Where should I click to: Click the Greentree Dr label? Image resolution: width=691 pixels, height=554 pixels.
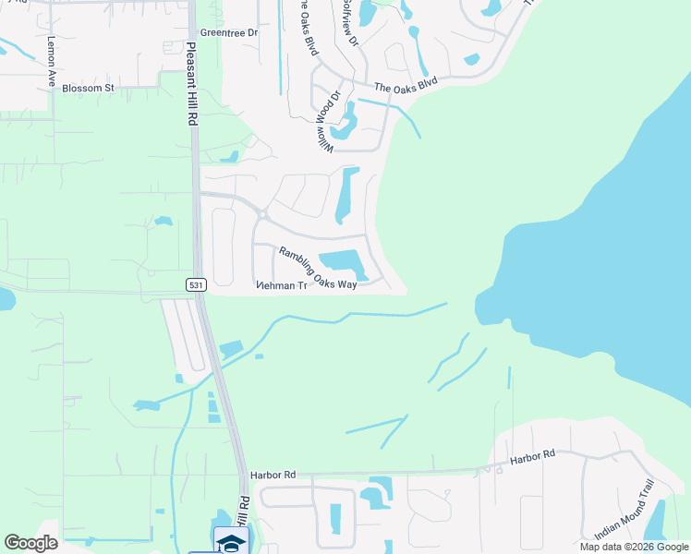click(x=230, y=32)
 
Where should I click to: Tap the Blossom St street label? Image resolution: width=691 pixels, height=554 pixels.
click(x=88, y=89)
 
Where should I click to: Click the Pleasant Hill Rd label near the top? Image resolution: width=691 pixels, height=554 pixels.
click(x=191, y=83)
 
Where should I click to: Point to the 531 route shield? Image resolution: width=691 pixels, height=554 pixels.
click(x=195, y=285)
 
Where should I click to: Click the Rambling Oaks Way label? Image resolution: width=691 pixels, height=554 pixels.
click(x=318, y=269)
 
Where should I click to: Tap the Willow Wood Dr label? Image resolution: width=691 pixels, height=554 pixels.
click(x=331, y=120)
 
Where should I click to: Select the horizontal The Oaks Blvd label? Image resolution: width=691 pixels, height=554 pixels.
click(x=405, y=86)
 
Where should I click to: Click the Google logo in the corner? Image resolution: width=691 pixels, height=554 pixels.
click(x=30, y=543)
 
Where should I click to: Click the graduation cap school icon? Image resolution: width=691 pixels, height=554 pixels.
click(x=231, y=541)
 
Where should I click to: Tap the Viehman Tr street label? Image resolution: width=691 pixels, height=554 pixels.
click(x=281, y=286)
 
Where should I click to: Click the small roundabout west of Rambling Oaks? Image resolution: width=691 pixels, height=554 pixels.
click(x=262, y=215)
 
